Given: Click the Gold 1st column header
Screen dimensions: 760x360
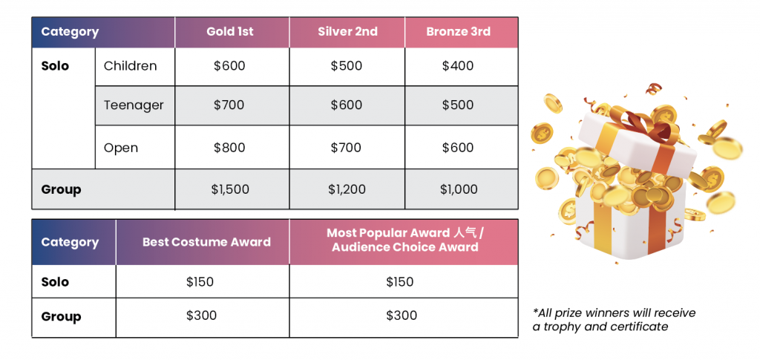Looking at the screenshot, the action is [230, 32].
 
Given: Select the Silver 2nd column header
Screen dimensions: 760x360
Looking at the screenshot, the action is [347, 32].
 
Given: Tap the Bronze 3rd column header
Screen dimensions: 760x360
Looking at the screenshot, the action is [458, 32].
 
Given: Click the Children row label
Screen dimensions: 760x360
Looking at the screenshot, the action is [131, 66].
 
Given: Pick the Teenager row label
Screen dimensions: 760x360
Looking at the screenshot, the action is [134, 105].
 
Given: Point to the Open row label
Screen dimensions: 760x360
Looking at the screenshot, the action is [121, 148].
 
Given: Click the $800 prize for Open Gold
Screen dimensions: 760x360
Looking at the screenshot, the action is [229, 147].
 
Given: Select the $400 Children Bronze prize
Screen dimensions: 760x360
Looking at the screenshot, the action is [457, 66].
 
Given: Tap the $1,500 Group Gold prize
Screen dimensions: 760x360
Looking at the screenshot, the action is [230, 189].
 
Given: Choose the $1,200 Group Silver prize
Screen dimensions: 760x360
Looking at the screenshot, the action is [347, 189].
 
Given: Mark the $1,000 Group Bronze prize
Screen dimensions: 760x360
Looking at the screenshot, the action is [458, 189].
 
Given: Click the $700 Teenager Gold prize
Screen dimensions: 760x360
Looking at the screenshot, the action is [229, 105].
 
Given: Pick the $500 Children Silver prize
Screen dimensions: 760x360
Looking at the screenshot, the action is [347, 66].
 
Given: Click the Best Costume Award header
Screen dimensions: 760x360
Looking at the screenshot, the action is [206, 242].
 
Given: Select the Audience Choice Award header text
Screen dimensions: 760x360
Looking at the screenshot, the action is [405, 247].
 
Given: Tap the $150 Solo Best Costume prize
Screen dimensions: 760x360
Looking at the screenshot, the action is [200, 282].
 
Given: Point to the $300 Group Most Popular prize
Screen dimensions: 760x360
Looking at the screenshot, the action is [402, 316].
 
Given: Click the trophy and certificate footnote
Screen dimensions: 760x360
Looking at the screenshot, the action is [614, 320].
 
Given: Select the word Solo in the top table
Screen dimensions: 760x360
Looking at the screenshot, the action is [55, 66].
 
